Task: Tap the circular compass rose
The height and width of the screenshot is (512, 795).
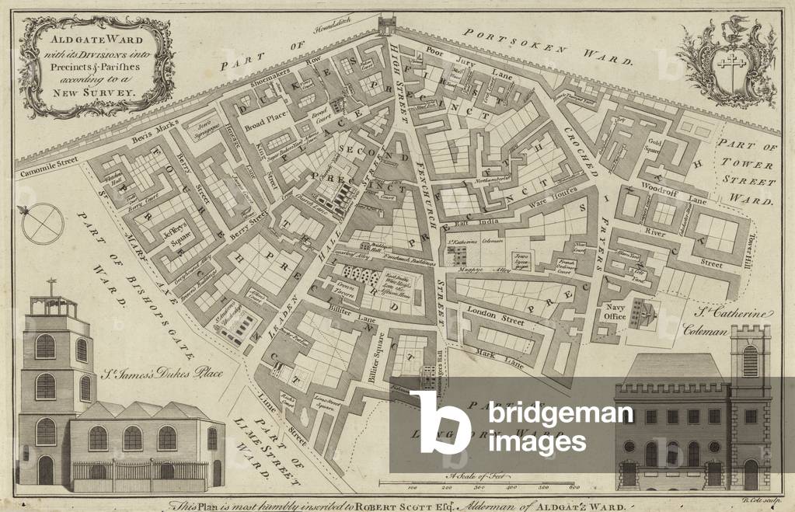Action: tap(43, 223)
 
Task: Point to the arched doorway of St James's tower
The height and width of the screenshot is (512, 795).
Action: tap(46, 469)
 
